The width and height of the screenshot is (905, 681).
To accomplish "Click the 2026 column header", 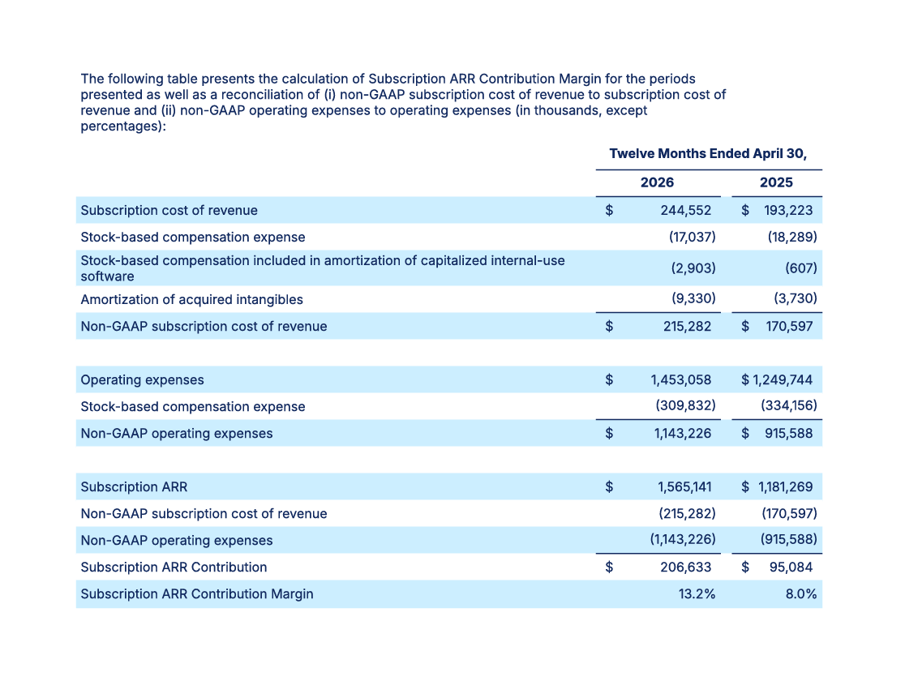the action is point(657,182).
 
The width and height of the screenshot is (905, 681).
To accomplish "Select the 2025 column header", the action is point(776,182).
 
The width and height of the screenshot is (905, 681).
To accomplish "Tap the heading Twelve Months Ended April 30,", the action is point(708,153).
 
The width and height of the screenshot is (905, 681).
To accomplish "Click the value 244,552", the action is point(686,210).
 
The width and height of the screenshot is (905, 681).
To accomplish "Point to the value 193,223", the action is point(788,210).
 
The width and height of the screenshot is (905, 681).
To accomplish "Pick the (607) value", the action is point(801,268).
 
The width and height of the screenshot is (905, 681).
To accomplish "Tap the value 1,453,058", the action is point(681,379).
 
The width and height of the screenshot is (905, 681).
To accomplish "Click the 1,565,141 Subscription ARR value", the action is point(684,487).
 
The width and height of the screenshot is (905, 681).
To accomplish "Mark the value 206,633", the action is point(686,567).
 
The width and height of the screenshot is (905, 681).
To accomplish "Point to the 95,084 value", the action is point(791,567).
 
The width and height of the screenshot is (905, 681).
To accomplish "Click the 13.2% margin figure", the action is point(697,594).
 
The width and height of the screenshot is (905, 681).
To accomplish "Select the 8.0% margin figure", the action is point(801,594).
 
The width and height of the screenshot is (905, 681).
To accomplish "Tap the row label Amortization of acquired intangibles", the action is point(191,299).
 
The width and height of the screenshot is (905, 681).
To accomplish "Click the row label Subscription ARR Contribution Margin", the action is point(197,594).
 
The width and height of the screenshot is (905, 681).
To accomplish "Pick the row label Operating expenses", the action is point(142,379).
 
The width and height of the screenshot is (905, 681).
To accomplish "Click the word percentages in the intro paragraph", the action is point(119,126).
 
